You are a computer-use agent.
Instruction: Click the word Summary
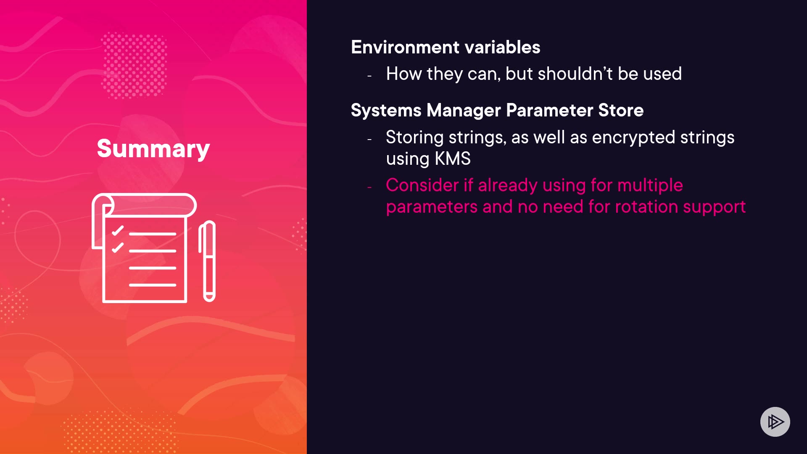tap(153, 149)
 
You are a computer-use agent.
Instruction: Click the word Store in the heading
tap(621, 110)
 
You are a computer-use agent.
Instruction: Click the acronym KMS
tap(453, 158)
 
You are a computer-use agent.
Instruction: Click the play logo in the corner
tap(775, 422)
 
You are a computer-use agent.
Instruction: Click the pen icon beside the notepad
tap(207, 261)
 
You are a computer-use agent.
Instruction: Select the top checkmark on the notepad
tap(118, 230)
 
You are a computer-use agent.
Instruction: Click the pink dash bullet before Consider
tap(369, 187)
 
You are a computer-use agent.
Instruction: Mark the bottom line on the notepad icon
tap(153, 285)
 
